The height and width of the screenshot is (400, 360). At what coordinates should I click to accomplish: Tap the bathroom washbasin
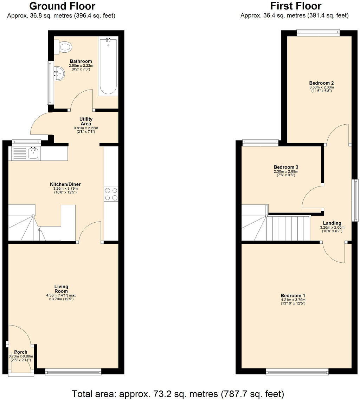59,73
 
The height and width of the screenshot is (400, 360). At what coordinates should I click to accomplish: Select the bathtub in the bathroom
108,66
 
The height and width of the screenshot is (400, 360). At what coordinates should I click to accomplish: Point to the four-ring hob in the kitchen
111,194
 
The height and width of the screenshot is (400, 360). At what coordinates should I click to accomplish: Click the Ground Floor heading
62,6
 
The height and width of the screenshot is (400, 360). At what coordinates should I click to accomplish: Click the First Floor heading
295,6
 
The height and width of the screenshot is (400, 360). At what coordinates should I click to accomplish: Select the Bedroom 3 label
286,167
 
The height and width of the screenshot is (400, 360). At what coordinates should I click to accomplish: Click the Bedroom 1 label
293,295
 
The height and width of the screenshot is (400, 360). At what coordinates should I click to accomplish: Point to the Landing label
332,223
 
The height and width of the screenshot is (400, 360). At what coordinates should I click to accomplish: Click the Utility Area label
86,122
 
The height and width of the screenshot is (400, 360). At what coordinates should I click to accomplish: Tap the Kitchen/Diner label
63,184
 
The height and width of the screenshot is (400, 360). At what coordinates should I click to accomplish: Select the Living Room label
61,289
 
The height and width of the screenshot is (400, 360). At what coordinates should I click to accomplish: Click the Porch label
20,352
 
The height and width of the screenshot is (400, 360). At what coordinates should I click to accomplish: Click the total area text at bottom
178,393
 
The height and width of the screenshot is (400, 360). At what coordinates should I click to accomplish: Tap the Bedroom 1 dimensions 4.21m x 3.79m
293,300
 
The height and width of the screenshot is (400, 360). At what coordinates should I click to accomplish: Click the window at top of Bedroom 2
318,33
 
